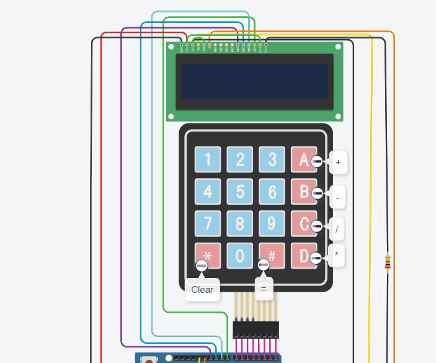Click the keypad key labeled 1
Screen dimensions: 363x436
[207, 159]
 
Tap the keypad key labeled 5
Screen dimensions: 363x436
[239, 192]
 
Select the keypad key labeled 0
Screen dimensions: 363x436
[239, 256]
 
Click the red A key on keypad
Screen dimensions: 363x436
[302, 159]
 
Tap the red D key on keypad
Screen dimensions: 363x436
[302, 256]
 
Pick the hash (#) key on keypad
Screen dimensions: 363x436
[271, 256]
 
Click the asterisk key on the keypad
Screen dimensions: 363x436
[207, 254]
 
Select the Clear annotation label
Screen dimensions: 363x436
[202, 289]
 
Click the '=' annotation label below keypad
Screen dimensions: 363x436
[264, 289]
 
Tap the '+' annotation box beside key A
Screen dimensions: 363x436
[338, 163]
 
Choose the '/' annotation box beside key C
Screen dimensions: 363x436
[337, 228]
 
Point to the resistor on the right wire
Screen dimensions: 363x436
[388, 263]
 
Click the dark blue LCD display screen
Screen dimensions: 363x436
[254, 81]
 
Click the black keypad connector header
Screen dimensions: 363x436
[256, 329]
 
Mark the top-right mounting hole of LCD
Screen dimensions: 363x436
[338, 47]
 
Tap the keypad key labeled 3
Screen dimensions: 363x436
[271, 159]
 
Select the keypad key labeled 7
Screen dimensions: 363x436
[207, 223]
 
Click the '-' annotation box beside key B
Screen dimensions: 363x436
[337, 197]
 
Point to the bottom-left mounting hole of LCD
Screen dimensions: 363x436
[171, 116]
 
